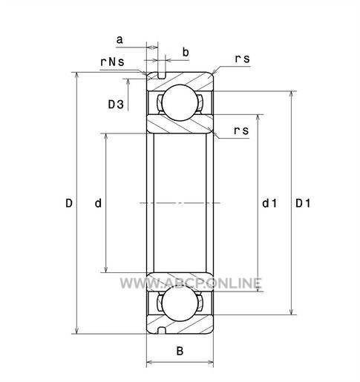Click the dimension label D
69,203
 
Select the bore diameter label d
98,203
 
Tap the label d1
269,203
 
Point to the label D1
303,203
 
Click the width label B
180,351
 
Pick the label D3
116,104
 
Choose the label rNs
112,62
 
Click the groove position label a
120,39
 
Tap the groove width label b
186,52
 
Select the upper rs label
242,59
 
